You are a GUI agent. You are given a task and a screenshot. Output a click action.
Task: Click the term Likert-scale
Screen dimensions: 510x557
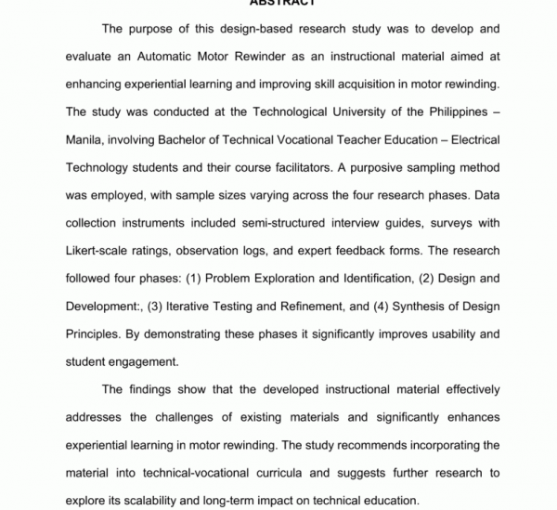tap(101, 251)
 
